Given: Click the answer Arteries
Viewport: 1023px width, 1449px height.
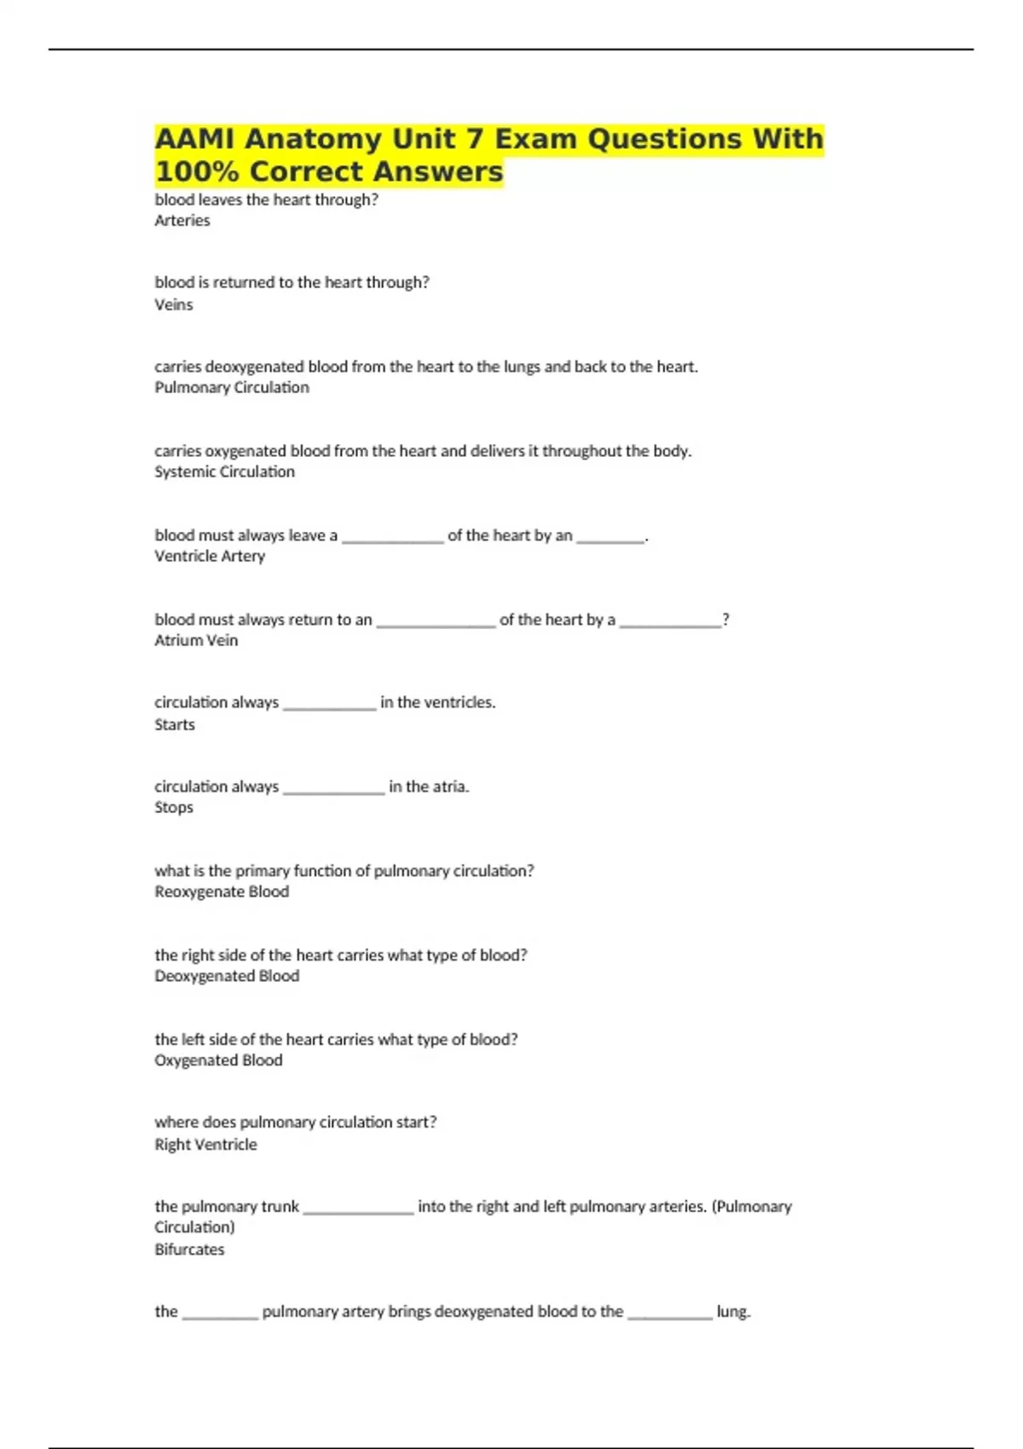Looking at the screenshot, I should point(182,221).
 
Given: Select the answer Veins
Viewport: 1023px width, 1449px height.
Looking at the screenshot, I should point(173,304).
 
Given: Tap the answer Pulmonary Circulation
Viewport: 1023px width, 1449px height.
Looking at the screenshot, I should point(231,388).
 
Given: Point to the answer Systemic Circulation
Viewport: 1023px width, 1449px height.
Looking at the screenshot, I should point(224,471).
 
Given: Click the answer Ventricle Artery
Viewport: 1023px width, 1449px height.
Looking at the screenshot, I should point(210,556).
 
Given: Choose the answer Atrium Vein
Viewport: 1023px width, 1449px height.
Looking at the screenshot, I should point(196,640).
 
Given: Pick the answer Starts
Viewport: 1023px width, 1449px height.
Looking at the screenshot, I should point(174,724).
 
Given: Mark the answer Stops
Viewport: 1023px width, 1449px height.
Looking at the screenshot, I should point(173,807).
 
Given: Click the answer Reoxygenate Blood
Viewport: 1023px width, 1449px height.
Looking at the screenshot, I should point(222,892).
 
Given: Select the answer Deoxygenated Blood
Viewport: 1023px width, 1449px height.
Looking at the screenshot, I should point(227,976).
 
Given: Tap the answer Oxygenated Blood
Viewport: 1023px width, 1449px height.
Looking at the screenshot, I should point(218,1060).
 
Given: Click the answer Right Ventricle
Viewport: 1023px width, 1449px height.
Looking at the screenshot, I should point(205,1145).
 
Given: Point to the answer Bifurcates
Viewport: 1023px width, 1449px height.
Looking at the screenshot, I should point(189,1250).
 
